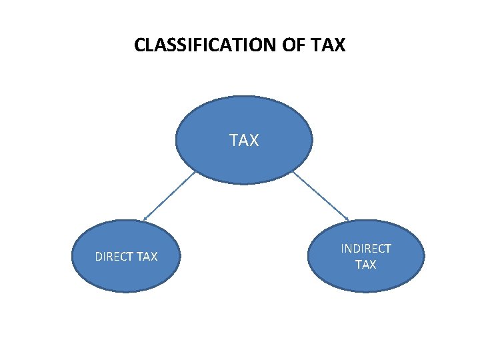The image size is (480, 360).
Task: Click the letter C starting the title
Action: pyautogui.click(x=139, y=45)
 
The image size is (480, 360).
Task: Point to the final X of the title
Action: pyautogui.click(x=340, y=45)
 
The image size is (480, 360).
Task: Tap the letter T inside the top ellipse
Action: pyautogui.click(x=234, y=141)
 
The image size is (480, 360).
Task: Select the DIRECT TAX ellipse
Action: pyautogui.click(x=127, y=273)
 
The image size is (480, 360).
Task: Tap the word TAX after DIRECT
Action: pyautogui.click(x=147, y=257)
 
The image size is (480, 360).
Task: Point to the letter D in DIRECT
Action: pyautogui.click(x=99, y=257)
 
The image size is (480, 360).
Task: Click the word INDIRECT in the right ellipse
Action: pyautogui.click(x=366, y=249)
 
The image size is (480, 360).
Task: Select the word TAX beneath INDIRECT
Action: pyautogui.click(x=366, y=265)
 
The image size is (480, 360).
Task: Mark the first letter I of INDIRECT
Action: pyautogui.click(x=343, y=249)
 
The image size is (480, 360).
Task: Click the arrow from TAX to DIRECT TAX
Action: pyautogui.click(x=170, y=195)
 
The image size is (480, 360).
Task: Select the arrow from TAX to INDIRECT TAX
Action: pyautogui.click(x=321, y=195)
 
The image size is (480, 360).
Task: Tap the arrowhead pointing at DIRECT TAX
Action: pyautogui.click(x=145, y=219)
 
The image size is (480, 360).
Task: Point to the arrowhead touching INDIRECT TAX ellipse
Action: pyautogui.click(x=347, y=219)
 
